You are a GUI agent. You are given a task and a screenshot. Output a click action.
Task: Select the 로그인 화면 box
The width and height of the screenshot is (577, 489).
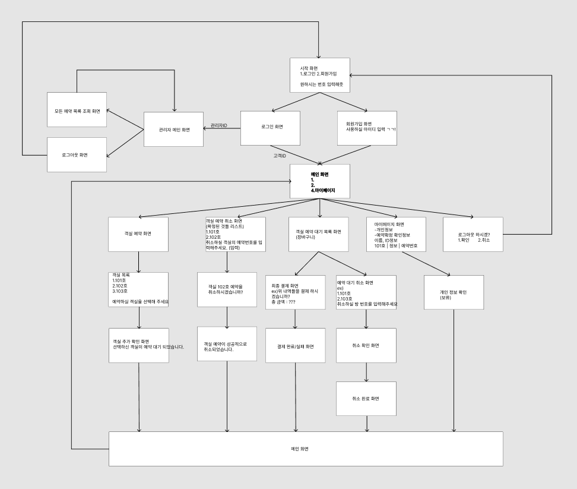(x=270, y=128)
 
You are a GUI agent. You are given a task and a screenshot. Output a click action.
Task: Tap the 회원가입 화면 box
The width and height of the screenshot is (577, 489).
(x=367, y=128)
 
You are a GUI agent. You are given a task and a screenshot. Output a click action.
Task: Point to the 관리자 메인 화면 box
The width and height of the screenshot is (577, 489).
(x=175, y=129)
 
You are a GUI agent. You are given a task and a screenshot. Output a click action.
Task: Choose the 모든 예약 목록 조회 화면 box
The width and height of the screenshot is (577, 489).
(x=77, y=110)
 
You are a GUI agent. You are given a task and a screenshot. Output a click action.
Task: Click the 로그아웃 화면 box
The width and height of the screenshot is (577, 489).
(x=77, y=154)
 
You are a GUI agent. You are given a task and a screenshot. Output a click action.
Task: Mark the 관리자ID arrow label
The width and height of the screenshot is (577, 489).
(x=219, y=125)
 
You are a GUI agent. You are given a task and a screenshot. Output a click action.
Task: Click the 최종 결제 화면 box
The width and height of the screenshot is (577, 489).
(x=296, y=292)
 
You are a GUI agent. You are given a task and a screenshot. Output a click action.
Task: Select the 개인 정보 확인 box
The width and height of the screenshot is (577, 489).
(x=454, y=292)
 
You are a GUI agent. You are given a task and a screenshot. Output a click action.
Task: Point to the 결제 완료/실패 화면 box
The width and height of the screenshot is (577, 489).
(x=296, y=346)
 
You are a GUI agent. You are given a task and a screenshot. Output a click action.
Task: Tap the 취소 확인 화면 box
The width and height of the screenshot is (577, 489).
(x=366, y=346)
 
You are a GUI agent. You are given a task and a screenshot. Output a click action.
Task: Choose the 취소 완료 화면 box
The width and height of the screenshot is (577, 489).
(x=366, y=398)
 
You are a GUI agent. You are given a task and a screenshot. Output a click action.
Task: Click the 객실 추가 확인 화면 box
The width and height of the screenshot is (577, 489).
(x=138, y=346)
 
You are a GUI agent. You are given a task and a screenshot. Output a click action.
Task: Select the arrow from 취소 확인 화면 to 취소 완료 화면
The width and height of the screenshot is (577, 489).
(x=366, y=372)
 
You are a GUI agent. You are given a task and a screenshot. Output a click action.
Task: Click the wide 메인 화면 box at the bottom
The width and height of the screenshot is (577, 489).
(x=306, y=449)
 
